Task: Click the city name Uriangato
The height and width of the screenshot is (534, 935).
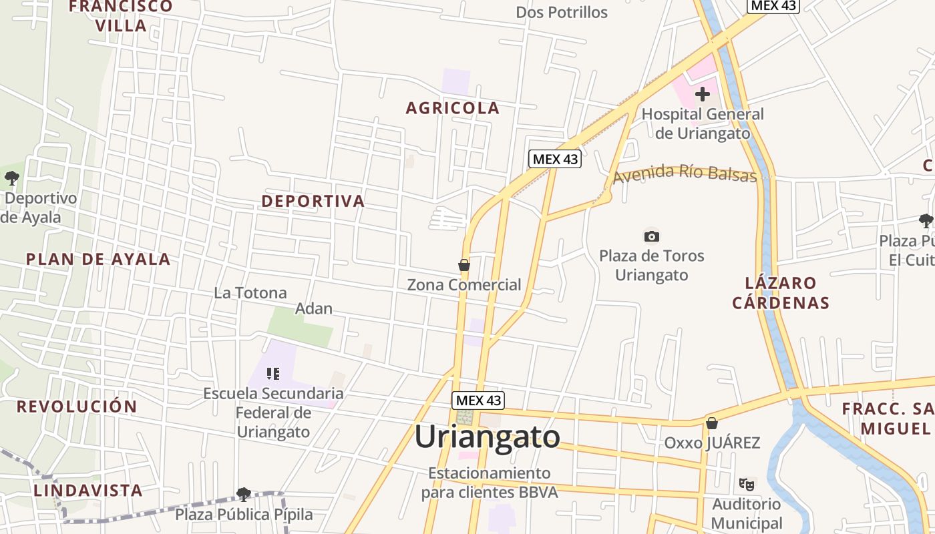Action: (x=487, y=437)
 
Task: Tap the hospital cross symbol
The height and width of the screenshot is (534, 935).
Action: (x=702, y=94)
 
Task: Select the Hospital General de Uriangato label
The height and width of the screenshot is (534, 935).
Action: (x=703, y=123)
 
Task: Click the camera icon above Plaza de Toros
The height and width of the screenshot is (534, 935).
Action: (x=652, y=236)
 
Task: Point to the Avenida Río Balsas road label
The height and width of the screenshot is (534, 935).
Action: (x=685, y=174)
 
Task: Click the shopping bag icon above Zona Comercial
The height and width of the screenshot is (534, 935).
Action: (x=464, y=266)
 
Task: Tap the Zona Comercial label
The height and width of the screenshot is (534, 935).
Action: (x=464, y=285)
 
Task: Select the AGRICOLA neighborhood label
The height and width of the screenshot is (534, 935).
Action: (x=453, y=108)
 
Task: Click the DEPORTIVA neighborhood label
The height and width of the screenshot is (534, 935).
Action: (x=313, y=201)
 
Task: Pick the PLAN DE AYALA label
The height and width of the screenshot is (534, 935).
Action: (x=98, y=260)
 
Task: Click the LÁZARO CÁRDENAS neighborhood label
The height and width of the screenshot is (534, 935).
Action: (x=781, y=293)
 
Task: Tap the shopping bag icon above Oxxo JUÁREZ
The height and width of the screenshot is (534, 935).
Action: (x=712, y=423)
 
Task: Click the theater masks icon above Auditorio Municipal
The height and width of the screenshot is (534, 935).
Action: (x=746, y=483)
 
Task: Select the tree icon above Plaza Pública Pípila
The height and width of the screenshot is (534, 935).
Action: (x=243, y=495)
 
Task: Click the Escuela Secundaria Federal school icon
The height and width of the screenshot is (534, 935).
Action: (x=272, y=374)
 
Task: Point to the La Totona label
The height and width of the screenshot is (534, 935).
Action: (x=250, y=293)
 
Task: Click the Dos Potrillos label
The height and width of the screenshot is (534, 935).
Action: (x=562, y=13)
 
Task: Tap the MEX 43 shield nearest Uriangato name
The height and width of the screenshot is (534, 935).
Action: (x=478, y=400)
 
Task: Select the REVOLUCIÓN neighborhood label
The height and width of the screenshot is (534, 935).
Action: (x=77, y=407)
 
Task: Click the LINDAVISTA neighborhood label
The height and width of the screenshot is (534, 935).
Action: (x=88, y=491)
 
